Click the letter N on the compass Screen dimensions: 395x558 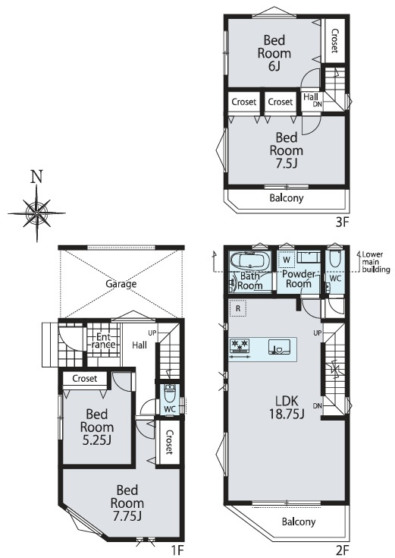[x=37, y=176]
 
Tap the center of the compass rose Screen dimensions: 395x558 [x=36, y=213]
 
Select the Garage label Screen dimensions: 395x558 [x=121, y=284]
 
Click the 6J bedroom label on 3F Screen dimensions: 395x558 [x=274, y=53]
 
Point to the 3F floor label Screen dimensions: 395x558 [x=343, y=222]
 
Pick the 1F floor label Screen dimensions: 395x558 [x=177, y=551]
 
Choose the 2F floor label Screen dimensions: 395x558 [x=343, y=551]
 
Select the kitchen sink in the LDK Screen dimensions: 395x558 [x=279, y=347]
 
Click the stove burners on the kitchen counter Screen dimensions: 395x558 [x=240, y=346]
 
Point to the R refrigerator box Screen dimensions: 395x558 [x=238, y=308]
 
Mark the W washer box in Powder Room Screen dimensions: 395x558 [x=287, y=260]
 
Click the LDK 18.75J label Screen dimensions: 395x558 [x=287, y=408]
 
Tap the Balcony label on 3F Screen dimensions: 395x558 [x=287, y=198]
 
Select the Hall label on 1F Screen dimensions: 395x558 [x=140, y=345]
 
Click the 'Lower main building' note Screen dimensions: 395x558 [x=375, y=262]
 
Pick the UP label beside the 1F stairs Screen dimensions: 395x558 [x=152, y=333]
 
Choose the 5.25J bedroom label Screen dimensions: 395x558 [x=97, y=427]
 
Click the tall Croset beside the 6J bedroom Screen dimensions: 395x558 [x=334, y=41]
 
